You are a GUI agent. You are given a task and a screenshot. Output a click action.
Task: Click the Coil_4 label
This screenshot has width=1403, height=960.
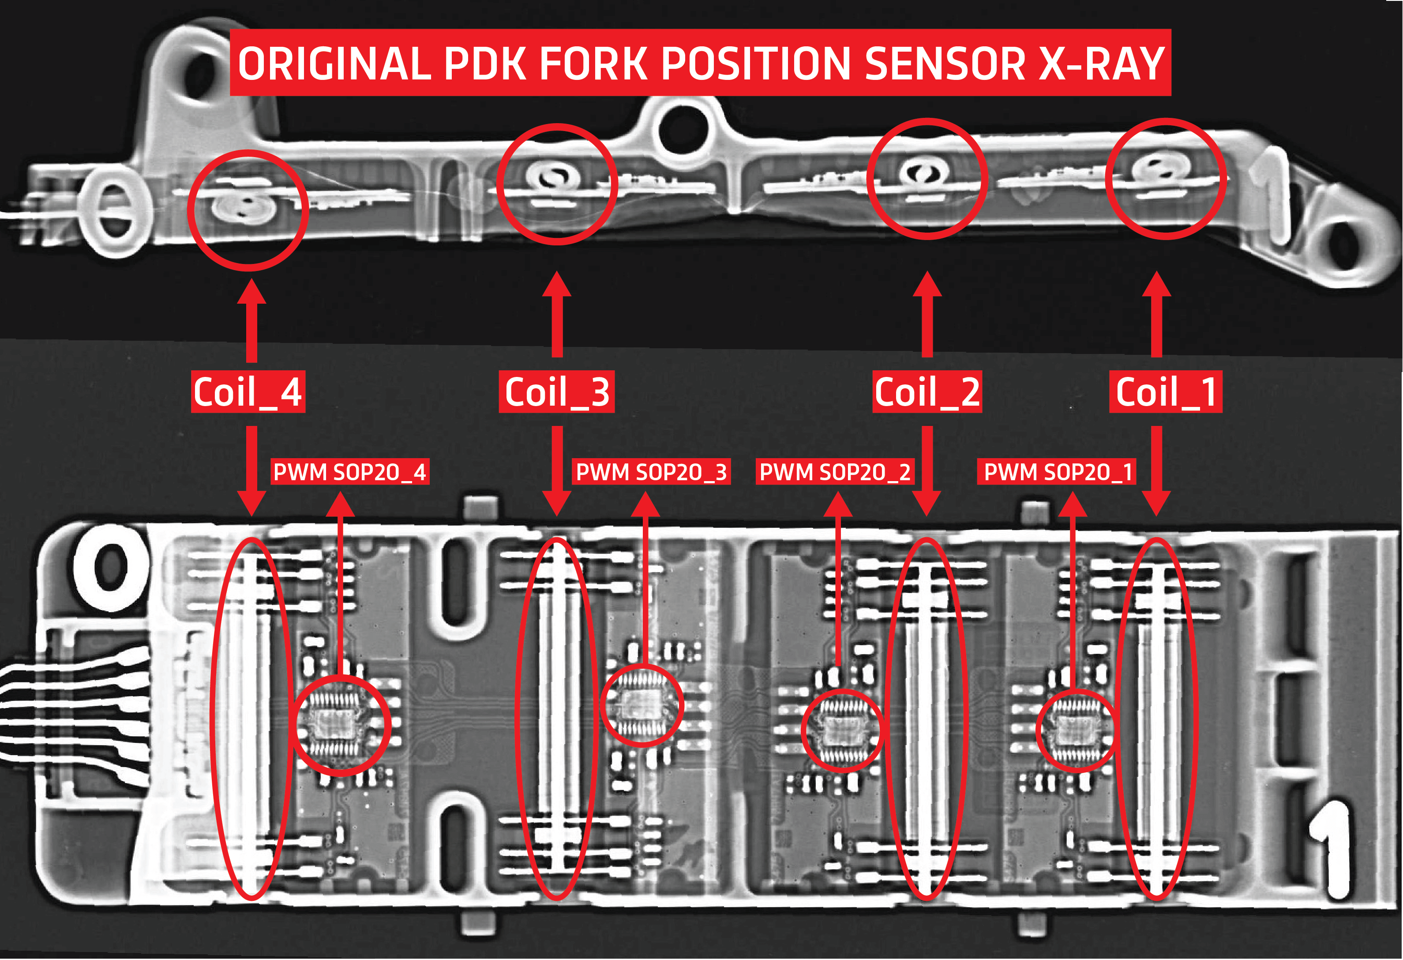[x=248, y=392]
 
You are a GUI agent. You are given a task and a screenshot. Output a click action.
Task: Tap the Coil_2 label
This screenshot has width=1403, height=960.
[x=927, y=392]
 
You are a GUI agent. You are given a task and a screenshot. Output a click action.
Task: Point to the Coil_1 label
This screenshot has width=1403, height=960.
[x=1165, y=392]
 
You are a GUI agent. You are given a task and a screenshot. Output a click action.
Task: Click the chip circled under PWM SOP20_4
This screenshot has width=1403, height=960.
[x=341, y=725]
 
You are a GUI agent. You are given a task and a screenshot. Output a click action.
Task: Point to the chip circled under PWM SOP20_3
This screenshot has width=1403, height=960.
[x=642, y=705]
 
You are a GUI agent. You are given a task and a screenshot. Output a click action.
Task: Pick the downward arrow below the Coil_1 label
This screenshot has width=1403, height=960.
[x=1156, y=471]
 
